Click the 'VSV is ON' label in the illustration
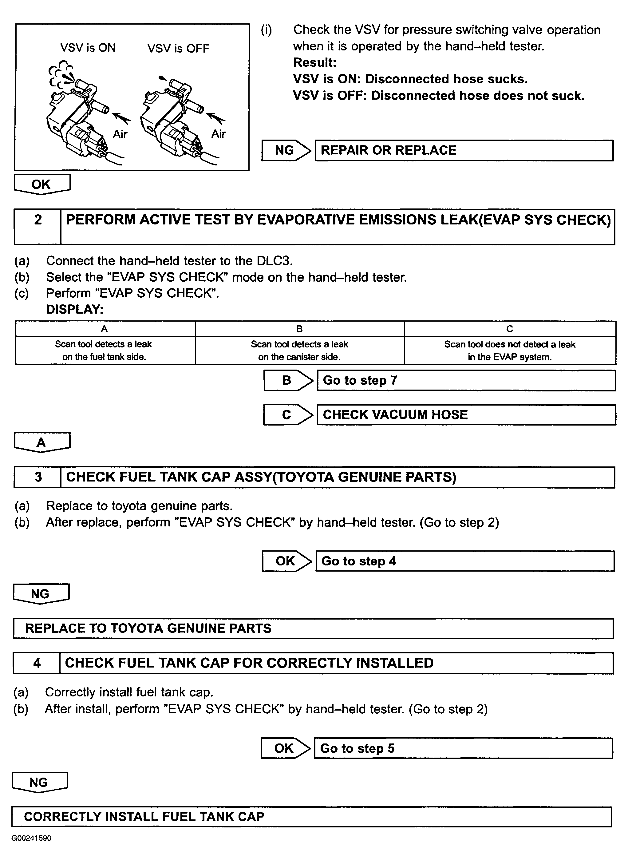(x=88, y=48)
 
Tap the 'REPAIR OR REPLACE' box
(x=464, y=150)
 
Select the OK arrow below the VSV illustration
(x=41, y=184)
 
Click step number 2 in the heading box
(x=38, y=220)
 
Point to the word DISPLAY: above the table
(x=75, y=309)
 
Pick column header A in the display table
(x=104, y=329)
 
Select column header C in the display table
(x=510, y=329)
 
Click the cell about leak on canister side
(x=299, y=351)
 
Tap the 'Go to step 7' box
(x=466, y=381)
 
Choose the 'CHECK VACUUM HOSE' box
(x=466, y=415)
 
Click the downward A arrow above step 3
(x=41, y=442)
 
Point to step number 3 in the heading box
(x=38, y=477)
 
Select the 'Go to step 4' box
(x=464, y=561)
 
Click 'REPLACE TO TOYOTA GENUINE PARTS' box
(x=313, y=628)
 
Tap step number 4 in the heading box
(x=37, y=663)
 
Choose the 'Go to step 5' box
(x=463, y=748)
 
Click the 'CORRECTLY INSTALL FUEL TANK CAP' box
(x=311, y=816)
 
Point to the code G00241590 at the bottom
(x=31, y=838)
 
